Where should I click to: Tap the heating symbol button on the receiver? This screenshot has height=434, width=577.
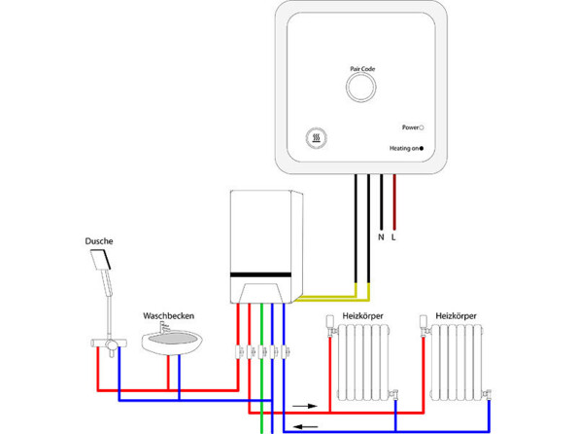coord(317,138)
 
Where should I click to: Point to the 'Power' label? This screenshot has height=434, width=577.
coord(409,127)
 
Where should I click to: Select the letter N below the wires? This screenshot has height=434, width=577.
coord(381,236)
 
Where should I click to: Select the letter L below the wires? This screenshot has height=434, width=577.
coord(393,236)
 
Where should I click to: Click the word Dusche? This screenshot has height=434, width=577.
coord(99,239)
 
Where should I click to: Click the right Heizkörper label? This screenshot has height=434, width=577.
coord(458,316)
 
